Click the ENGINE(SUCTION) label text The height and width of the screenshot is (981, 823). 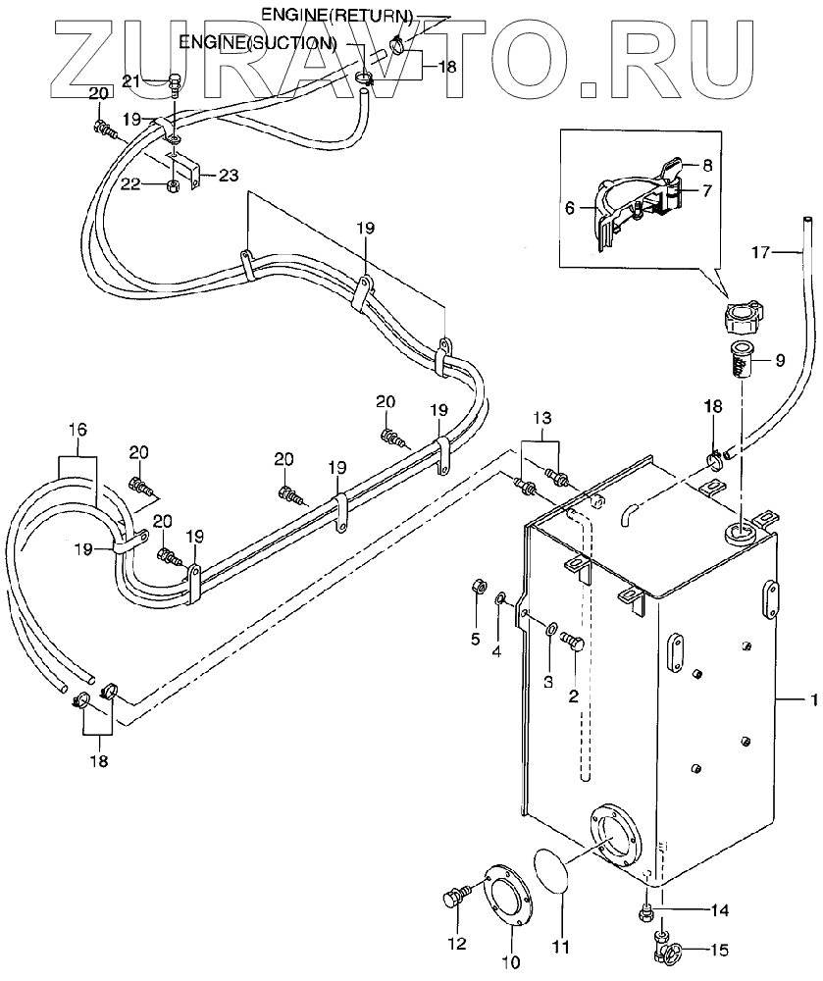pos(258,43)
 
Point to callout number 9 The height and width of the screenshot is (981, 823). pos(781,360)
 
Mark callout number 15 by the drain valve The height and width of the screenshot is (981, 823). pos(721,949)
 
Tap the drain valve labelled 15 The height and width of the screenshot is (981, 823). pos(667,949)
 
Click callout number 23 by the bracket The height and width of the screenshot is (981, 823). pos(228,176)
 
